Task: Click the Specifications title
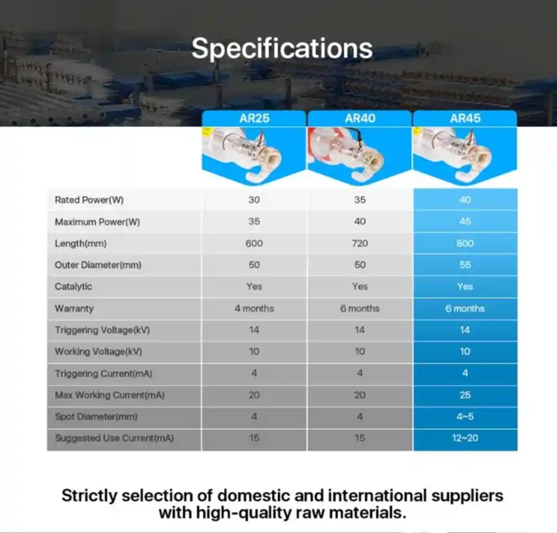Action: click(282, 48)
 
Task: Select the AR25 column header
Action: click(254, 118)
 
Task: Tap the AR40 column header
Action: click(360, 118)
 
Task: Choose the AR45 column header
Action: click(465, 118)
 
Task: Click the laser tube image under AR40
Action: click(360, 156)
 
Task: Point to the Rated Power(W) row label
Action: click(89, 200)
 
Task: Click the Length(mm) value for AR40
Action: click(360, 243)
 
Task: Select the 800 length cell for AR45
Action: click(465, 243)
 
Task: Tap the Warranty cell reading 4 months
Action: click(254, 308)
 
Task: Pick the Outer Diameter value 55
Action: click(465, 265)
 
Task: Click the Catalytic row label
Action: click(73, 287)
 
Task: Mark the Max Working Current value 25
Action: click(465, 395)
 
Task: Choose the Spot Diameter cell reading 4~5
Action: click(465, 416)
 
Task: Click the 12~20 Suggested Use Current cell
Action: click(465, 438)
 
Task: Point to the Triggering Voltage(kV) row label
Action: click(102, 330)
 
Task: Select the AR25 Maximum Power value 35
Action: click(254, 222)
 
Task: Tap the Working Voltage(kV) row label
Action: click(98, 352)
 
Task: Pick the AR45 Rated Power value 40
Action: click(465, 200)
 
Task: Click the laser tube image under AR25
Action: click(254, 156)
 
